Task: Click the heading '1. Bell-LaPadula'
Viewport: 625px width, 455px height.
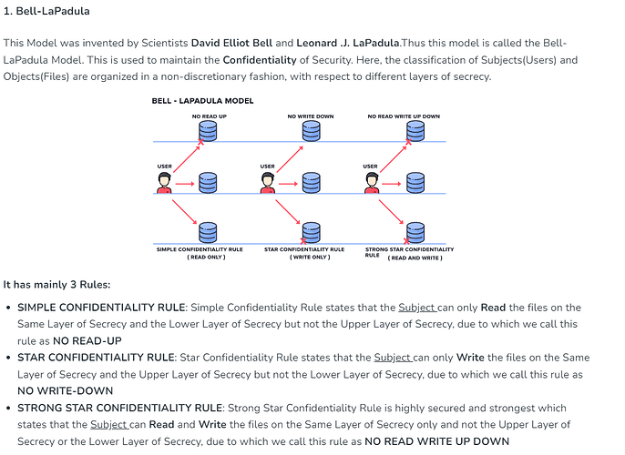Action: (x=46, y=12)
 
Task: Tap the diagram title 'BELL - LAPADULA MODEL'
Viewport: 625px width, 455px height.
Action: (x=202, y=101)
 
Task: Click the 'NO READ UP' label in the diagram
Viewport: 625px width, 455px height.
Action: (x=209, y=116)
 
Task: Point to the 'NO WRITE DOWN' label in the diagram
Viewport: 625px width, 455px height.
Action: (x=311, y=116)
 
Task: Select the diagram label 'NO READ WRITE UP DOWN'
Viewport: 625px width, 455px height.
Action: (x=404, y=116)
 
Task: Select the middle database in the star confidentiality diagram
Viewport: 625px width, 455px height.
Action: (x=311, y=183)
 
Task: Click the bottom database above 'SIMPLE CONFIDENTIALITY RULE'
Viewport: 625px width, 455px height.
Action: (x=209, y=231)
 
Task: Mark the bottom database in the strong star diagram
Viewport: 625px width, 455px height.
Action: (x=415, y=231)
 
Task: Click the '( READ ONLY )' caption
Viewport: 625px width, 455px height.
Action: (x=207, y=257)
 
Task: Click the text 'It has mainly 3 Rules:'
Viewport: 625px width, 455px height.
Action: (x=57, y=285)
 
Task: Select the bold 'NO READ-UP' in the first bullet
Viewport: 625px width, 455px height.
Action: (x=87, y=340)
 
